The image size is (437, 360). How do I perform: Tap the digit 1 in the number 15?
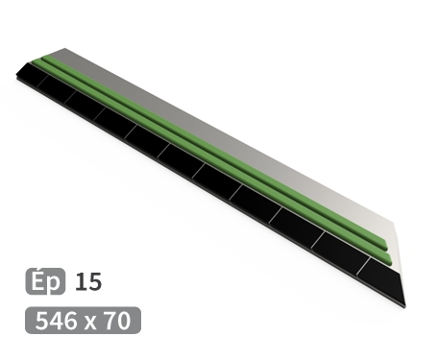point(80,282)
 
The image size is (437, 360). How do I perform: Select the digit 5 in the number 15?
point(93,282)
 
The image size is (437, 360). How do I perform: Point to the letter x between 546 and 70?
point(92,321)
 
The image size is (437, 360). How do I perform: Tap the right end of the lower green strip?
point(385,260)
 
